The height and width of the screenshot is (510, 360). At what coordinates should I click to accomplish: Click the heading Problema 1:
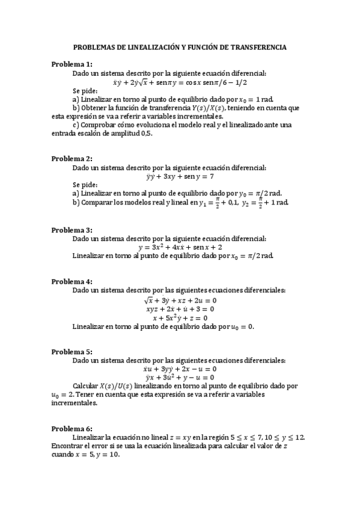coord(72,64)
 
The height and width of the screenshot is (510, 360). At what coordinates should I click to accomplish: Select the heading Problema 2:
coord(72,159)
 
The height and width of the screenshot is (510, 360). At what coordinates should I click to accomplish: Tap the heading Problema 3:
coord(72,230)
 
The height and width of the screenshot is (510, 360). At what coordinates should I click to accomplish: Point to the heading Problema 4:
coord(72,281)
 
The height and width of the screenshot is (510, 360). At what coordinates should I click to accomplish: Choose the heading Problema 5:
coord(72,351)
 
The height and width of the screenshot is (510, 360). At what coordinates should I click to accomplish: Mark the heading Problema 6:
coord(72,428)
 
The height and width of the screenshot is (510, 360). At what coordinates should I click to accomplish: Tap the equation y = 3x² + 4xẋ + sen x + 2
coord(180,247)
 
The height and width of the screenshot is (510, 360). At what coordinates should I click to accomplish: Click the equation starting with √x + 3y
coord(180,300)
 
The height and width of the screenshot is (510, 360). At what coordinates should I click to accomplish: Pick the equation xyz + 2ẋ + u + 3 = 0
coord(180,309)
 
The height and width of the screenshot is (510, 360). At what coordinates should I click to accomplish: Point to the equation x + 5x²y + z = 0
coord(180,318)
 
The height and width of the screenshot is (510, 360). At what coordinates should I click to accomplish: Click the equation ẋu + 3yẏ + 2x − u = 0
coord(180,369)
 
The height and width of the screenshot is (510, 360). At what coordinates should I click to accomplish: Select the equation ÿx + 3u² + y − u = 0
coord(180,377)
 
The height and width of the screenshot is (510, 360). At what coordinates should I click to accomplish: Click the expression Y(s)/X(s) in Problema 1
coord(199,108)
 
